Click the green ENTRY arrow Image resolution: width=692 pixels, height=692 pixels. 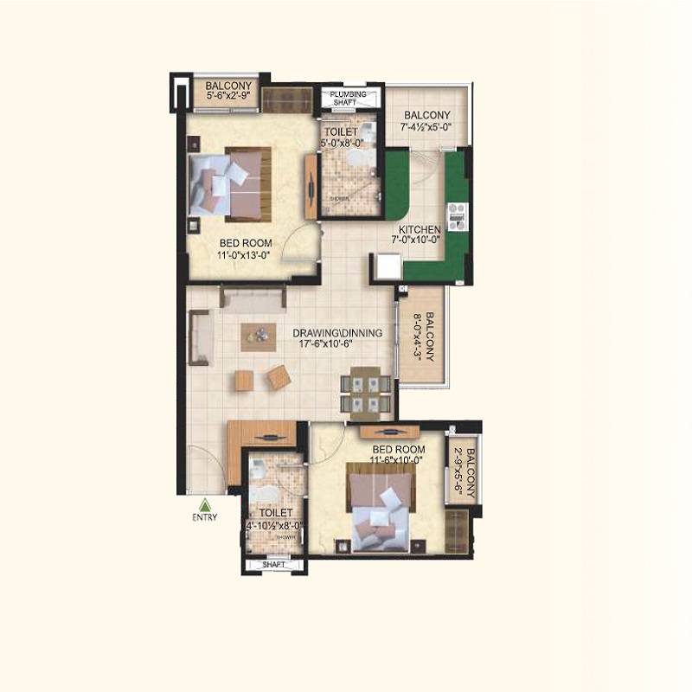(205, 506)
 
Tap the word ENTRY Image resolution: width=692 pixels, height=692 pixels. (205, 518)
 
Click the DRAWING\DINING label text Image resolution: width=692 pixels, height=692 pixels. (326, 332)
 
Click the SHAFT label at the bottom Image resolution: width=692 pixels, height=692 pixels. (273, 564)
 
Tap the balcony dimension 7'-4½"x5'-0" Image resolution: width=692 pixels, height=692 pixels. (426, 128)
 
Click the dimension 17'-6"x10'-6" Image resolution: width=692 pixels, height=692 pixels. (326, 343)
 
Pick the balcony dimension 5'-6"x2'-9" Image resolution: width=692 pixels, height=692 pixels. (228, 97)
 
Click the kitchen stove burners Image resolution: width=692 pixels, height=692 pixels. (458, 215)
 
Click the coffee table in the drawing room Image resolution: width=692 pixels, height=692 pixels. (254, 335)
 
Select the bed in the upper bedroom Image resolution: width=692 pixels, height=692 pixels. (232, 183)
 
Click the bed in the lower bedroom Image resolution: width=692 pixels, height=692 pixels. (379, 509)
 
